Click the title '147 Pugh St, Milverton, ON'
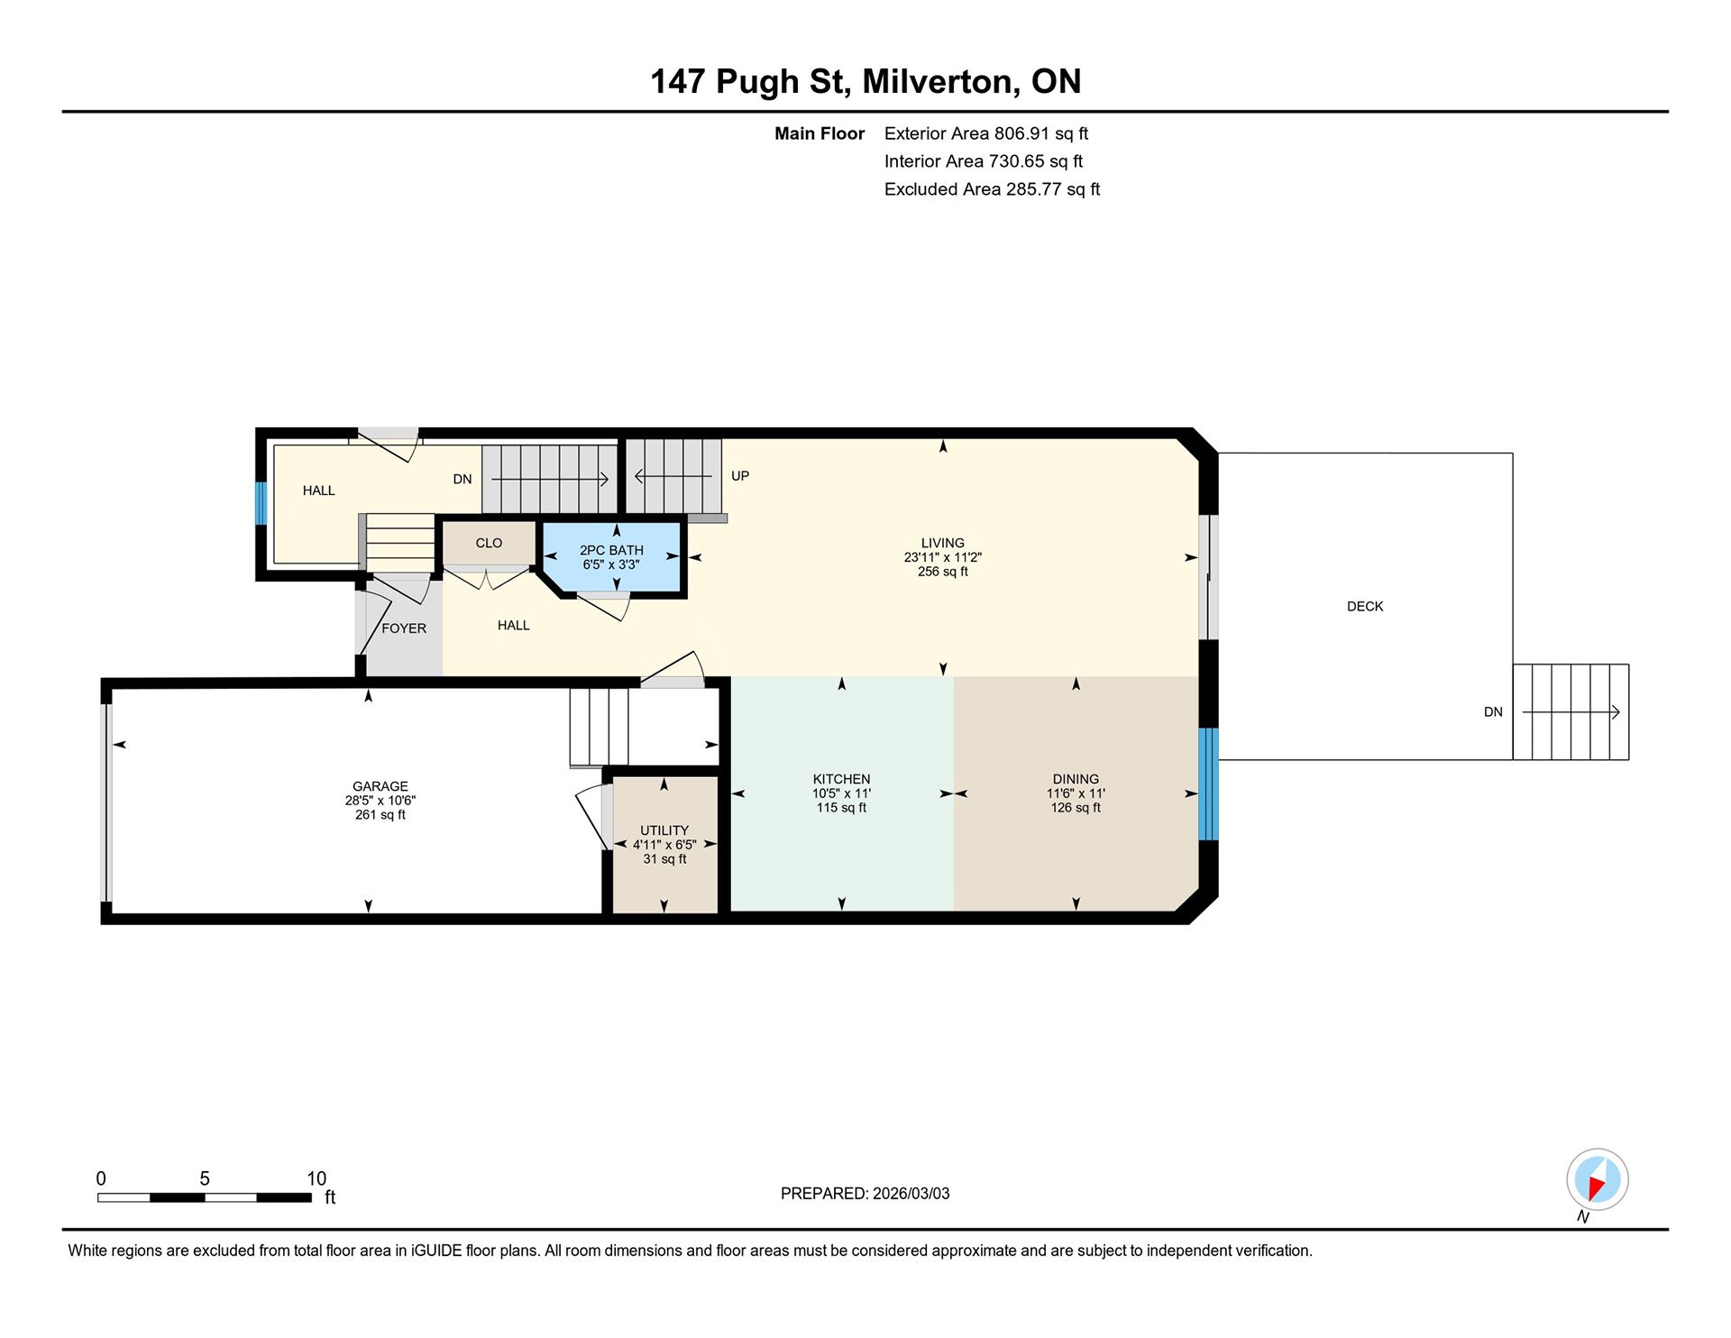(x=865, y=81)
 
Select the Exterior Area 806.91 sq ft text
(x=986, y=133)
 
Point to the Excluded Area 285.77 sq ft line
(x=992, y=189)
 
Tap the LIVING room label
(x=942, y=543)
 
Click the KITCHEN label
(x=841, y=779)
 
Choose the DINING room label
(x=1076, y=779)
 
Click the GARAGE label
(x=380, y=786)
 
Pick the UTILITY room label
(x=664, y=830)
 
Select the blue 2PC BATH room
(x=611, y=557)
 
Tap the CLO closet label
(x=489, y=543)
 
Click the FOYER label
(x=404, y=628)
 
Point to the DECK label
(x=1365, y=607)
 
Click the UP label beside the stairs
(x=740, y=476)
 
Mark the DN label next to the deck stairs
(x=1493, y=712)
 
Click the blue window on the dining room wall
(x=1208, y=784)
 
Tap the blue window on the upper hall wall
(x=261, y=503)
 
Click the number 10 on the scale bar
(x=316, y=1178)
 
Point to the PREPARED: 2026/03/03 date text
(x=865, y=1194)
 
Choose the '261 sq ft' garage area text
(x=380, y=815)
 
